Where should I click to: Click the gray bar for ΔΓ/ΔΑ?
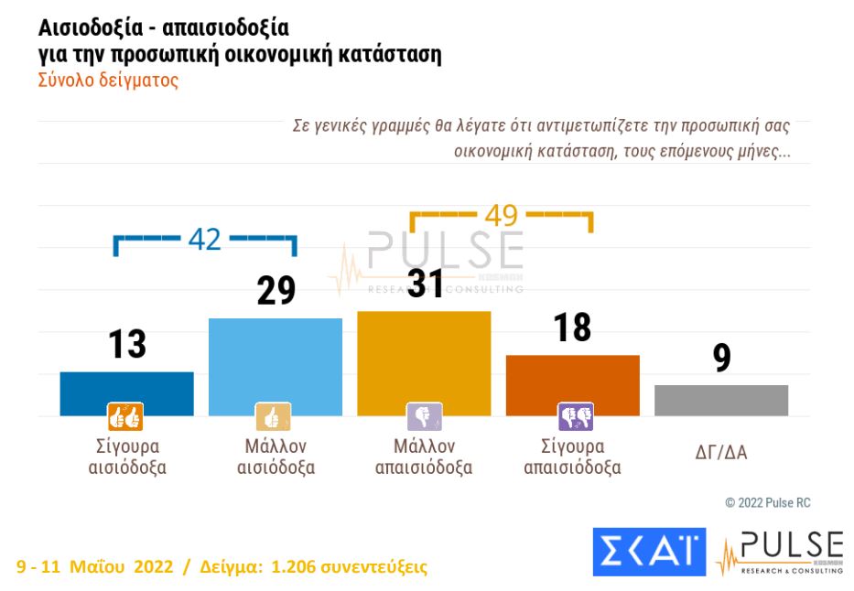click(x=721, y=401)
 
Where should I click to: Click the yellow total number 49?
click(x=501, y=215)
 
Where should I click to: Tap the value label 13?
click(x=126, y=345)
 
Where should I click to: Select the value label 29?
click(x=276, y=291)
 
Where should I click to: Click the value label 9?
click(x=721, y=359)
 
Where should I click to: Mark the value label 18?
click(x=572, y=328)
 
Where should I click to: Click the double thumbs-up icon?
click(x=125, y=417)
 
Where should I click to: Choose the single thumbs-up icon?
click(x=273, y=417)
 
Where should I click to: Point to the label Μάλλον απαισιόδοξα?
click(x=424, y=457)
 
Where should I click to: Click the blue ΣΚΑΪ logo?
click(x=649, y=552)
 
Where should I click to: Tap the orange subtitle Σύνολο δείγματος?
click(x=108, y=80)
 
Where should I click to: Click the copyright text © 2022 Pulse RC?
click(x=767, y=503)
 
